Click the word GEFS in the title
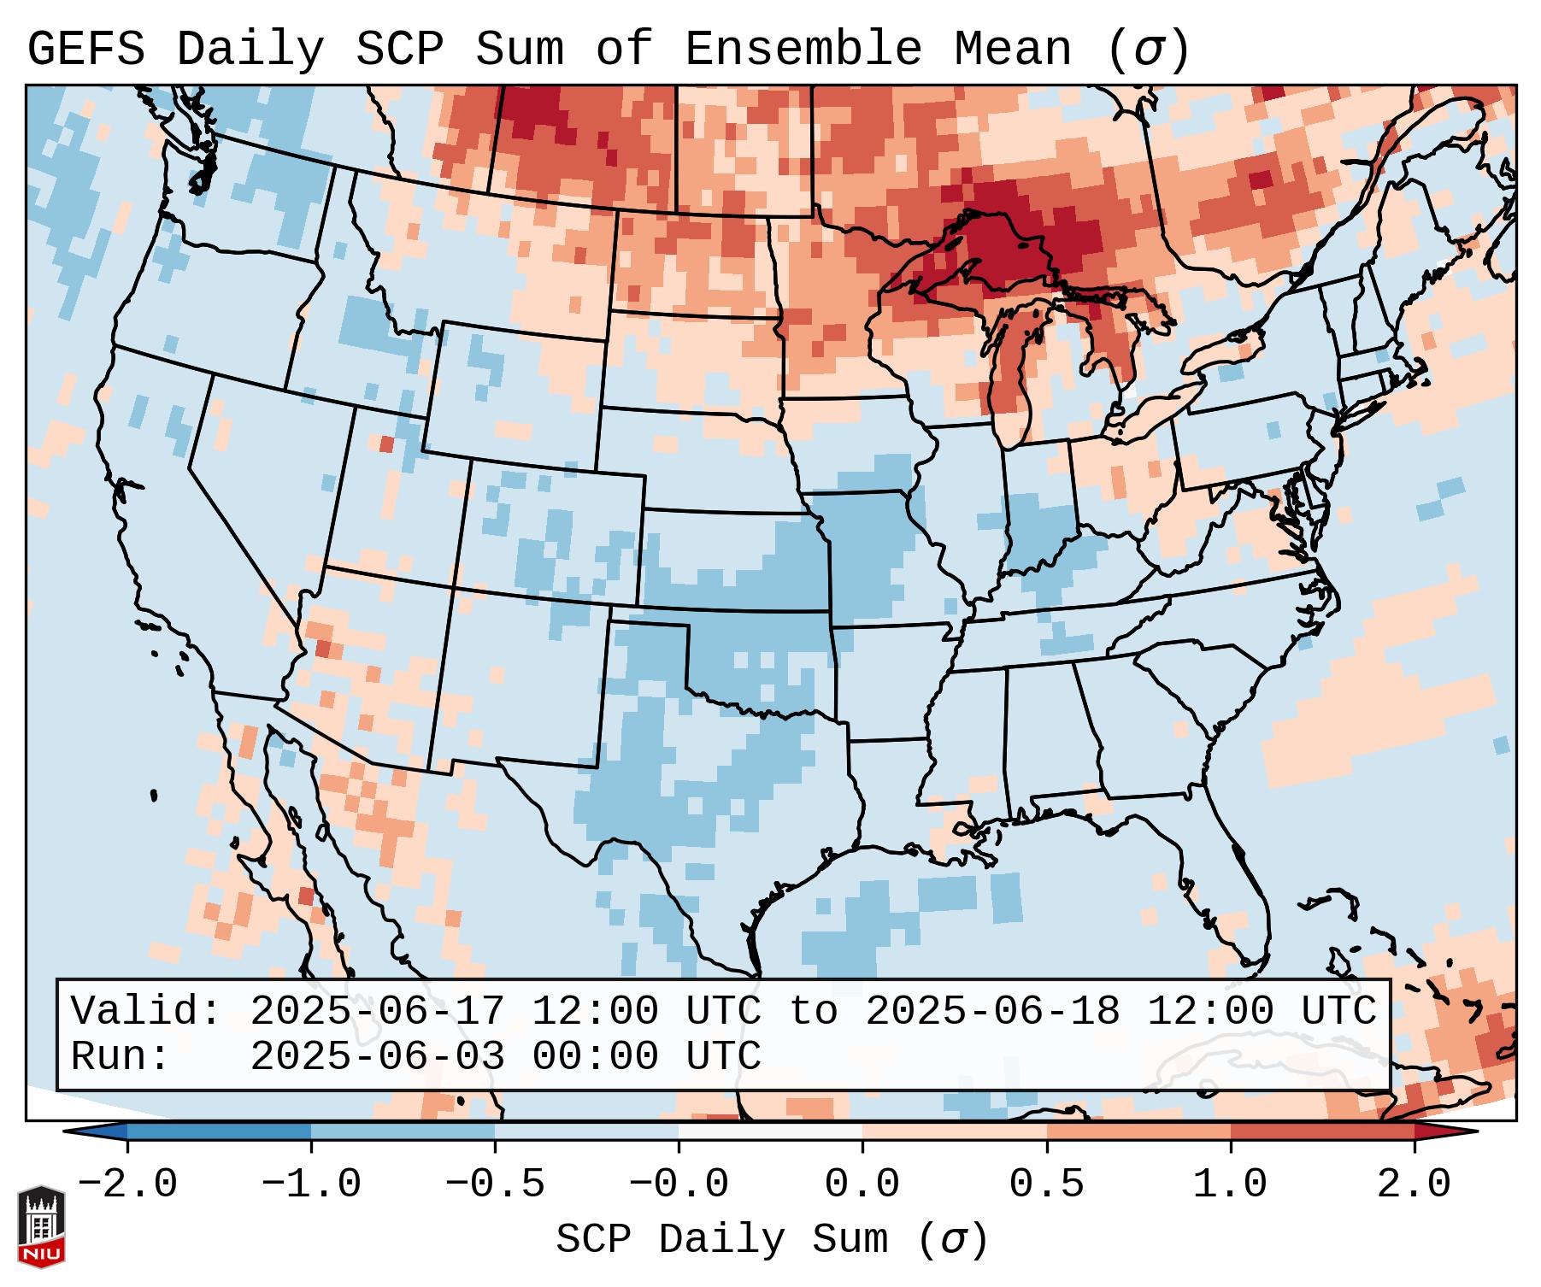(85, 50)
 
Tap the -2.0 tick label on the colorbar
(127, 1184)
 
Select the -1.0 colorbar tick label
(311, 1184)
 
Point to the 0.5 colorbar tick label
(1046, 1184)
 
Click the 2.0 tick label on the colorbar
(1414, 1184)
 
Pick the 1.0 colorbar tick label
(1230, 1184)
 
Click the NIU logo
(41, 1225)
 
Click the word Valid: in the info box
(146, 1011)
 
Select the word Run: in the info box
(121, 1056)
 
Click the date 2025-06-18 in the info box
(992, 1011)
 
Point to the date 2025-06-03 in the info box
(377, 1056)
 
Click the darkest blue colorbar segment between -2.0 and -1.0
(219, 1131)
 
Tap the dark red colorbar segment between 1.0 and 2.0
(1321, 1131)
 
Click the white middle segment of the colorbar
(770, 1131)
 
